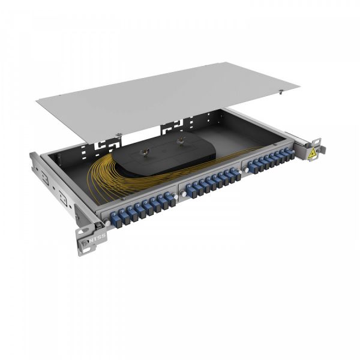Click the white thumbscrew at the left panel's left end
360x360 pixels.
(106, 223)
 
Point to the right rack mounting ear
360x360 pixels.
(316, 150)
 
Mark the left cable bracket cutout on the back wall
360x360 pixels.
(108, 144)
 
